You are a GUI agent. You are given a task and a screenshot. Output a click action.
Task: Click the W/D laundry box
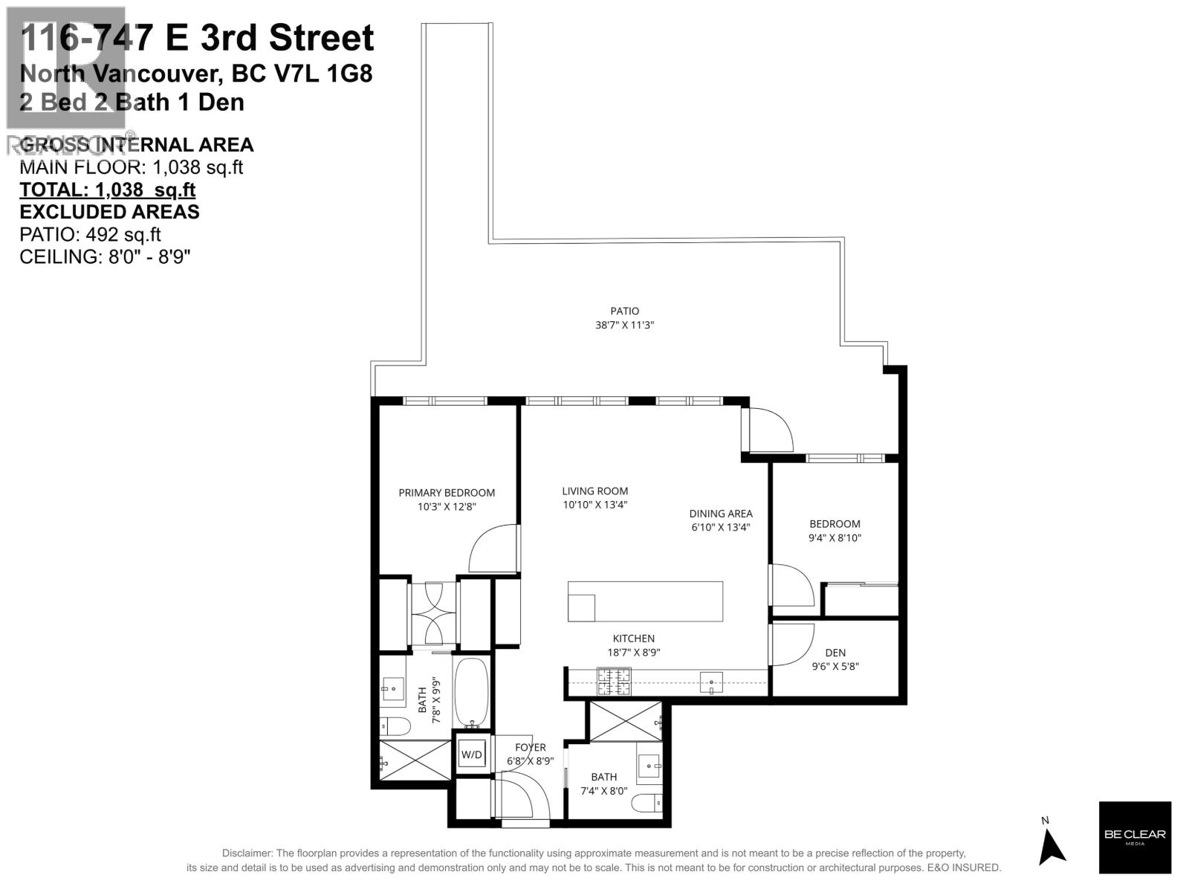[471, 755]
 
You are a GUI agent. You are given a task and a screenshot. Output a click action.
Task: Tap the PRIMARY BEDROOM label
[447, 493]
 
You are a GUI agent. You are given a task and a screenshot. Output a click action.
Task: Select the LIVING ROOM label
[594, 491]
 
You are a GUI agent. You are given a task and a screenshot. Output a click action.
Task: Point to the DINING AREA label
[720, 514]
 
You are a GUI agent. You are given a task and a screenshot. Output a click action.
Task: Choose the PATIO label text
[624, 311]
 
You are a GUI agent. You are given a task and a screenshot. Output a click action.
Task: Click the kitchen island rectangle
[645, 601]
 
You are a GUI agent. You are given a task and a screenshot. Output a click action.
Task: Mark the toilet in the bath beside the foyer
[648, 804]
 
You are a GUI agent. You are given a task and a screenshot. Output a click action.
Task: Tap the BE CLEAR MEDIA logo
[1135, 837]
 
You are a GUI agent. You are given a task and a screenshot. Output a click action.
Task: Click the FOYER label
[531, 748]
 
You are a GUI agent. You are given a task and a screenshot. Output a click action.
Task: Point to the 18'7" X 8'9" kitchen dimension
[634, 653]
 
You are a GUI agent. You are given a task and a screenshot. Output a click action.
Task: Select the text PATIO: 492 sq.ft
[90, 234]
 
